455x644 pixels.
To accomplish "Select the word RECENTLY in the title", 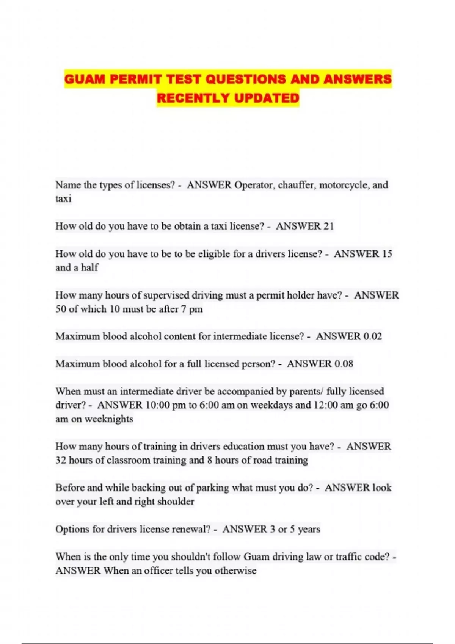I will (x=193, y=98).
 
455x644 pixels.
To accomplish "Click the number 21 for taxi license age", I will (x=328, y=226).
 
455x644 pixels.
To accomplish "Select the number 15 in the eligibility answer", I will (x=386, y=254).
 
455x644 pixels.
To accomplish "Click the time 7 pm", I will (x=191, y=309).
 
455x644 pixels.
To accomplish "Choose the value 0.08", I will (x=344, y=364).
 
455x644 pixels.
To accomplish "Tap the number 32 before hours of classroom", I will (x=61, y=460).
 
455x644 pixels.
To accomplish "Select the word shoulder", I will (x=176, y=502).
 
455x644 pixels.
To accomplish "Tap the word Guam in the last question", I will (x=256, y=557).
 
